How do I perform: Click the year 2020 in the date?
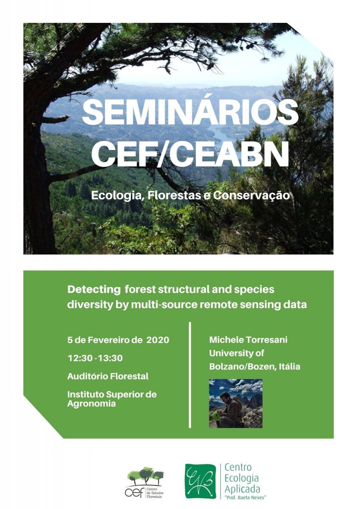click(x=158, y=340)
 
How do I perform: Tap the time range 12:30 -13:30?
click(x=95, y=358)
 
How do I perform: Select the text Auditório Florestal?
click(x=108, y=376)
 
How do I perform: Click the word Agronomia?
click(x=91, y=404)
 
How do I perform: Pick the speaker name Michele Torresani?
click(x=248, y=340)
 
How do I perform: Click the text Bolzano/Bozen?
click(x=243, y=366)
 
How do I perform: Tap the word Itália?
click(x=289, y=366)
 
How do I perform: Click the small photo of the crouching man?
click(x=236, y=404)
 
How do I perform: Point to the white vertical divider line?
click(x=190, y=375)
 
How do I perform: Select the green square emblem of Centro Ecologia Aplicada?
click(x=200, y=481)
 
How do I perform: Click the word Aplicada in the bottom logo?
click(x=242, y=489)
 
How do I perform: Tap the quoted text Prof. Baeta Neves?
click(x=245, y=497)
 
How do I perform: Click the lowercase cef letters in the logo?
click(x=135, y=492)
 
